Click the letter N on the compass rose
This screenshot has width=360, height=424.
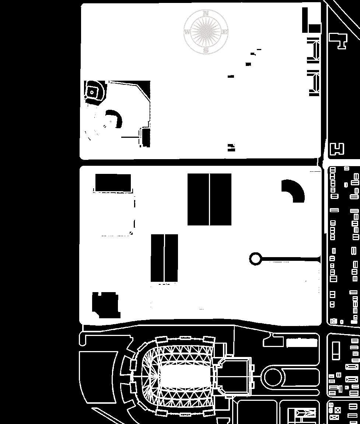pyautogui.click(x=206, y=13)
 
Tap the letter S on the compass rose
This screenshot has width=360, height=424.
pyautogui.click(x=206, y=50)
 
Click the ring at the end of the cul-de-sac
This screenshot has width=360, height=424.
pyautogui.click(x=255, y=259)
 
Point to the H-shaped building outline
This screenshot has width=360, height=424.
pyautogui.click(x=337, y=149)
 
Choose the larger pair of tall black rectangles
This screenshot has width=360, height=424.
pyautogui.click(x=209, y=199)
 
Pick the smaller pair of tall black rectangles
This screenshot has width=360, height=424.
pyautogui.click(x=164, y=257)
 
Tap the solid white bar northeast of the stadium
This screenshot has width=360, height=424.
pyautogui.click(x=302, y=343)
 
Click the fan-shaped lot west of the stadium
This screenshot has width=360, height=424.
pyautogui.click(x=98, y=376)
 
